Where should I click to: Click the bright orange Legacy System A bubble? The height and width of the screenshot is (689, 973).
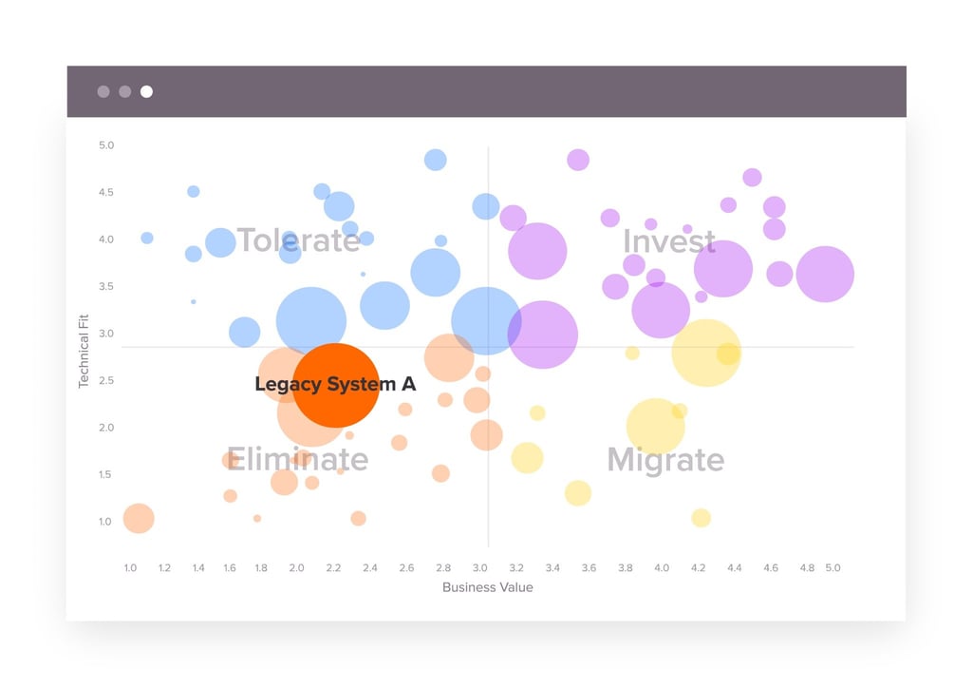click(x=335, y=385)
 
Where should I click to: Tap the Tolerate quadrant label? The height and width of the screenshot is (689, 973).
click(x=298, y=240)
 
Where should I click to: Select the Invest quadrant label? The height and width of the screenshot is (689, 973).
click(x=668, y=241)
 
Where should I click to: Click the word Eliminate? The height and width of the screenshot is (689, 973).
click(x=297, y=460)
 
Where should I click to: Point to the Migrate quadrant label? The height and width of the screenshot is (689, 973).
click(x=665, y=461)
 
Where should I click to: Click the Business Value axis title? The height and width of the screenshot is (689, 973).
click(x=487, y=587)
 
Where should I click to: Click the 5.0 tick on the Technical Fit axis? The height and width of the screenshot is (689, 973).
click(x=106, y=145)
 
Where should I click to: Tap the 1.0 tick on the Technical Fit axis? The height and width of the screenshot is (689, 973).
click(x=106, y=522)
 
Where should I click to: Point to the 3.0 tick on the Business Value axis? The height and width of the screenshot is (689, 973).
click(x=479, y=568)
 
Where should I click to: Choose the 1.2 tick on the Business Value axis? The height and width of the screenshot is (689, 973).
click(x=164, y=568)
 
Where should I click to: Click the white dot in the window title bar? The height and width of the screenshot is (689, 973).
click(x=146, y=92)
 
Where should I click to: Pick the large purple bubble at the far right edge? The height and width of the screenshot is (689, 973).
click(x=825, y=274)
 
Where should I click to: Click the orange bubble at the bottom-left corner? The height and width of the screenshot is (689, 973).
click(x=139, y=519)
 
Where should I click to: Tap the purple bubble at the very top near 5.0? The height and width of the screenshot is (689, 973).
click(x=578, y=160)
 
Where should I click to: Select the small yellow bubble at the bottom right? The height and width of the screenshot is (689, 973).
click(x=701, y=518)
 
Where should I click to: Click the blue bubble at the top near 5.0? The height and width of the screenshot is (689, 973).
click(x=435, y=160)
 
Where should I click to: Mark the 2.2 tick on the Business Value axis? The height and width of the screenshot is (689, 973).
click(x=333, y=568)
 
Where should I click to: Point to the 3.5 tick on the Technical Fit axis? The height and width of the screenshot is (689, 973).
click(x=106, y=287)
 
